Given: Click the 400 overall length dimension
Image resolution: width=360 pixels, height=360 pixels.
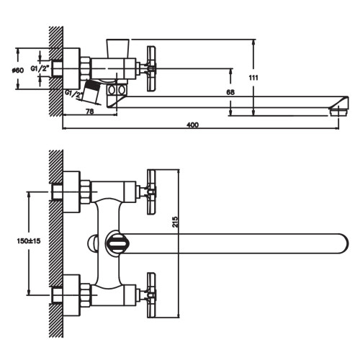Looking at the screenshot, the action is coord(192,125).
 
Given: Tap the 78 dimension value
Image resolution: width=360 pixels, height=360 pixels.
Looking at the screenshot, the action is coord(90,112).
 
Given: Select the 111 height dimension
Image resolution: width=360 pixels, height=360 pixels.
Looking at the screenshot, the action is coord(253,78).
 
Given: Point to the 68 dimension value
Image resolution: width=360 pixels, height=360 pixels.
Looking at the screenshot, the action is coord(230,92).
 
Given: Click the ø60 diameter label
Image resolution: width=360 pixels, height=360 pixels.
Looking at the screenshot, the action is coord(18,71).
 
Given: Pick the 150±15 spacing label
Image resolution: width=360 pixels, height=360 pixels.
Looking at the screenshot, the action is coord(29,241).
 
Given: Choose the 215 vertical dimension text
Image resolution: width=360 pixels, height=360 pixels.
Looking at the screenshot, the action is coord(176,222).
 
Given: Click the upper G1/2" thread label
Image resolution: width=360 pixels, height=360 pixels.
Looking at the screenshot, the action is coord(40,68).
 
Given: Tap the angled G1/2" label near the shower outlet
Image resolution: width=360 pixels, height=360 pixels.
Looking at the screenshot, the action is coord(73,94).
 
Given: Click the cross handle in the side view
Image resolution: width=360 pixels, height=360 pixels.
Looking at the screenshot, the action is coord(150,69).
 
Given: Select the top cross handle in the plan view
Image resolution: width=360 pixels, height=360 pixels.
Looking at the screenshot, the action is coord(151,192).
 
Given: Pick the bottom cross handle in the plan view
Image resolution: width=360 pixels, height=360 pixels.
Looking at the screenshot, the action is coord(151,295).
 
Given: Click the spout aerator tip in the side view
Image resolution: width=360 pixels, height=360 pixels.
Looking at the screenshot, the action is coord(338,112).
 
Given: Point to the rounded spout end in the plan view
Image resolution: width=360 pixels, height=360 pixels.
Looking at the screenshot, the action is coord(343,243).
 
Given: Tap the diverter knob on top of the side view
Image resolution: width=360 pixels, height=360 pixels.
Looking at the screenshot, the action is coord(117,48).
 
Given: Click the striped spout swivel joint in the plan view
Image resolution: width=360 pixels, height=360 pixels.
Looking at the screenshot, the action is coord(117,243).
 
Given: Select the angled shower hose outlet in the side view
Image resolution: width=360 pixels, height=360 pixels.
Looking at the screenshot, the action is coord(90,91).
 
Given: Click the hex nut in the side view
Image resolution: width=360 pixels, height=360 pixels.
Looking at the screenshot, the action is coord(86,68).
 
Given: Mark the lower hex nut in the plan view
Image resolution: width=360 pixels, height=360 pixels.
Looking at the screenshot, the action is coord(86,294).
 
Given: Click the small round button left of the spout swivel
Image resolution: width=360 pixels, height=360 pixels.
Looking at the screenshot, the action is coord(92,243).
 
